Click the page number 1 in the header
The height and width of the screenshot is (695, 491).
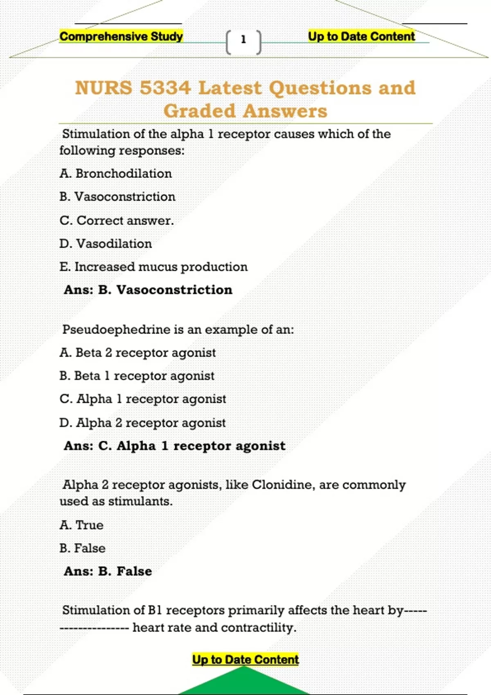[x=243, y=40]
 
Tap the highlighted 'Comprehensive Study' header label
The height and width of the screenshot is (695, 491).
[x=121, y=36]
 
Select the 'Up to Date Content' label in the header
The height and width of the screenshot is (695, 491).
[x=361, y=36]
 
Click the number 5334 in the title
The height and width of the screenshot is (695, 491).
[x=165, y=88]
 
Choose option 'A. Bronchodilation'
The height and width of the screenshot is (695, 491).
[x=115, y=173]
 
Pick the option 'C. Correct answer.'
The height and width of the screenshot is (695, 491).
[x=117, y=220]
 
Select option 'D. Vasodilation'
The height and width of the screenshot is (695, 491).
[x=106, y=244]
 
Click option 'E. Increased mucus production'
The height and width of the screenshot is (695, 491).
[x=153, y=267]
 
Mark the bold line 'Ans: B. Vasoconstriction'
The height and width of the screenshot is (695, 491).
[x=148, y=290]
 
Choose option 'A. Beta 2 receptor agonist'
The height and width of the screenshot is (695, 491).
[x=137, y=352]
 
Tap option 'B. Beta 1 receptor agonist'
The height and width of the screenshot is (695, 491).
[x=137, y=376]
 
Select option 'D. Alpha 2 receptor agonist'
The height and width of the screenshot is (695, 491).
[x=142, y=423]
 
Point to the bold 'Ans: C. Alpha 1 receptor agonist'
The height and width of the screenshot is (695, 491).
[x=175, y=446]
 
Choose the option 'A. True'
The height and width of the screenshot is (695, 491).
[x=81, y=525]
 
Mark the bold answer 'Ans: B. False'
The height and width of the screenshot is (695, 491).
[x=108, y=571]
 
